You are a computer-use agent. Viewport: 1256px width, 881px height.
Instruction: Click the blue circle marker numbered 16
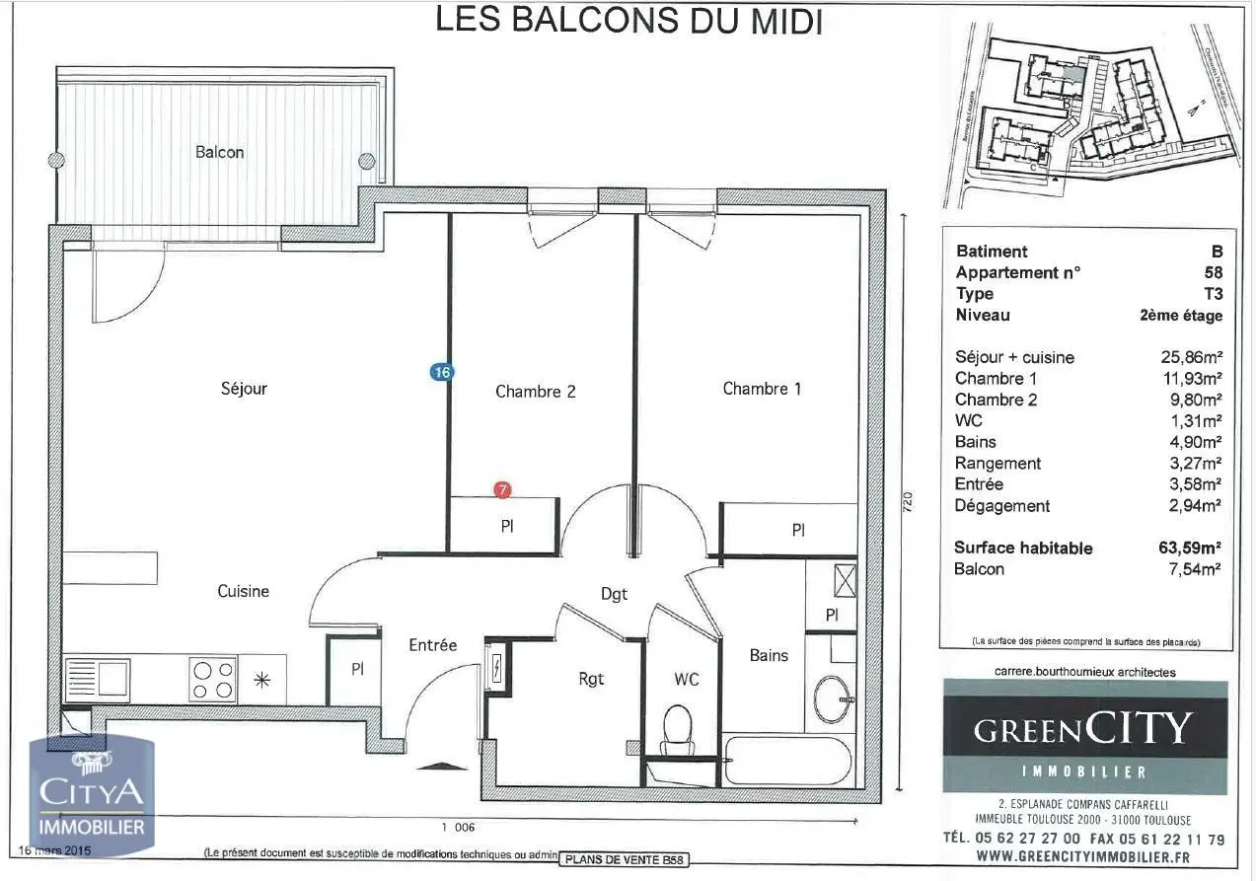(x=441, y=372)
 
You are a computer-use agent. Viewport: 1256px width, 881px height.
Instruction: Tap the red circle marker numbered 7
(x=503, y=489)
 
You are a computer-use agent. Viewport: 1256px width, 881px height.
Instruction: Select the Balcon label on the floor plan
(x=219, y=152)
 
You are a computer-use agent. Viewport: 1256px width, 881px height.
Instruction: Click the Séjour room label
(x=244, y=389)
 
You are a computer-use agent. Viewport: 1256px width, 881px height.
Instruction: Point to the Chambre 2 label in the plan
(x=535, y=392)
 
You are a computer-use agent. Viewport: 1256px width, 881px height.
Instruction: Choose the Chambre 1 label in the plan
(x=762, y=389)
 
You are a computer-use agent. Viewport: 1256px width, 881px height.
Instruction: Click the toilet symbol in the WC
(x=678, y=726)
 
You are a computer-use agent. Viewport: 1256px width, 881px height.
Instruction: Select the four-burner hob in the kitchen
(x=213, y=679)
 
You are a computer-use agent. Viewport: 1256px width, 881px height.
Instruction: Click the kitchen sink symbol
(x=97, y=679)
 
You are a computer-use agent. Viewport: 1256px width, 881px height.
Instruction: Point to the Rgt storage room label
(x=590, y=679)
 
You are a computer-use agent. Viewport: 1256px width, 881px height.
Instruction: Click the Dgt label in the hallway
(x=614, y=594)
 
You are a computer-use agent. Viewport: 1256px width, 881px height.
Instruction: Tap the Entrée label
(x=433, y=645)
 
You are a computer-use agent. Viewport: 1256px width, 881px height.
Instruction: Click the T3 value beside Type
(x=1212, y=294)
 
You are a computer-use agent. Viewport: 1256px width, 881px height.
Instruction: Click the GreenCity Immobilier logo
(x=1084, y=738)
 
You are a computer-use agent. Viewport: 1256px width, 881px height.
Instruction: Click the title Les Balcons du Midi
(x=629, y=20)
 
